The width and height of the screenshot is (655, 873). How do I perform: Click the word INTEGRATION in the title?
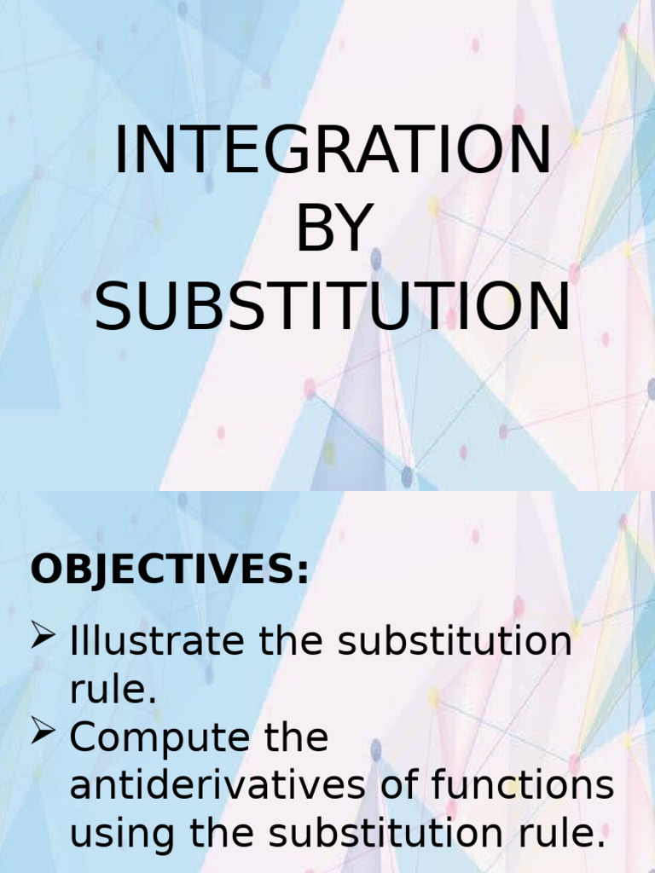point(333,151)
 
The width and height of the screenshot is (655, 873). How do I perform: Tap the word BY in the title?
point(333,229)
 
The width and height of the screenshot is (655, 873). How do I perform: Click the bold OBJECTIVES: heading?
point(170,570)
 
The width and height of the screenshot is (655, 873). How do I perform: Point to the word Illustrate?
point(158,641)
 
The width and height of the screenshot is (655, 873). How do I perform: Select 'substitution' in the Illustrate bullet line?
point(455,641)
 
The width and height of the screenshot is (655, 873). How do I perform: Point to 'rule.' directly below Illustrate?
point(113,690)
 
